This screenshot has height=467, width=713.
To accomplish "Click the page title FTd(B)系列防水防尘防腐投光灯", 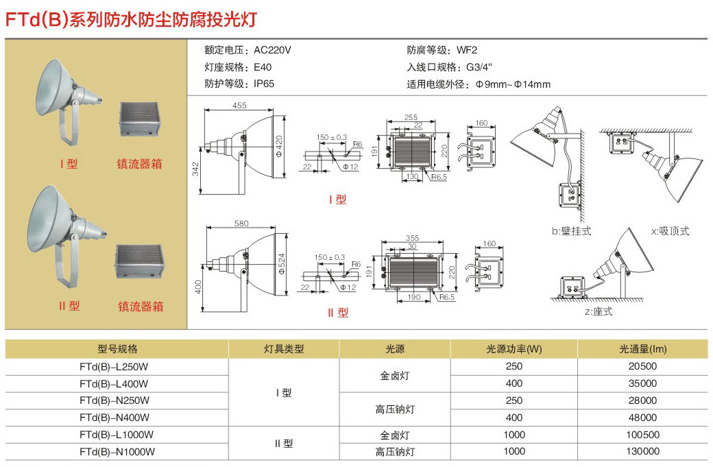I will point(131,19).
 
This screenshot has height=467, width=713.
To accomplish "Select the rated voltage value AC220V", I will point(272,50).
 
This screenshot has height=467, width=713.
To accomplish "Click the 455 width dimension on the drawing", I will point(239,106).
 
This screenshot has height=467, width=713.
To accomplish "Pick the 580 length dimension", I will point(241,224).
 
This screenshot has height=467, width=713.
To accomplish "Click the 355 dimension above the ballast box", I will point(412,239).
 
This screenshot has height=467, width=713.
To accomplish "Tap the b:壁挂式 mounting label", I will point(571,231).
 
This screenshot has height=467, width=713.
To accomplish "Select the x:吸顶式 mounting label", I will point(670,231).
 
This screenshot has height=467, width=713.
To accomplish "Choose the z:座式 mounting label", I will point(598,311).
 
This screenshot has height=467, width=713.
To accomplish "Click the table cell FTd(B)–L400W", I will point(114,383).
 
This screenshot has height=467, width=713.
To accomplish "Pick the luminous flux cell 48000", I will point(642,417).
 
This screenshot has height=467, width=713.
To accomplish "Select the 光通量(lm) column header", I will point(642,349).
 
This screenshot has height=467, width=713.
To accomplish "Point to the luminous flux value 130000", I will point(642,451).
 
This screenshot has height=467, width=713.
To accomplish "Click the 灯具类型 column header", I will point(284,349).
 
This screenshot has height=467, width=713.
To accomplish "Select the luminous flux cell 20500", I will point(642,366).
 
